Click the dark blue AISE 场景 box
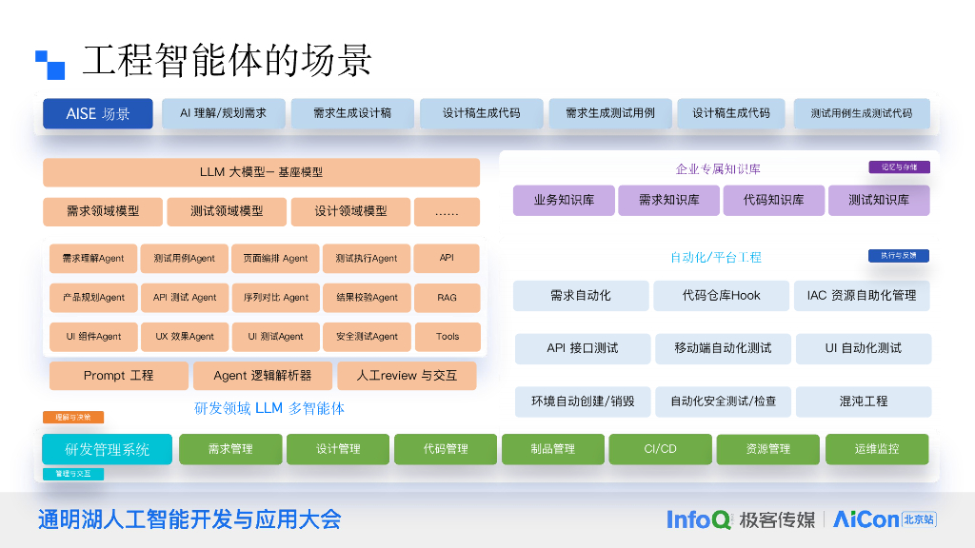pos(97,113)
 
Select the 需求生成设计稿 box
pos(352,113)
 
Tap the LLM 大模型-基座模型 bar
pos(261,172)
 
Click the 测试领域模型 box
pos(226,211)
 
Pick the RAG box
pos(447,298)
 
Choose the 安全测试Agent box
pos(367,337)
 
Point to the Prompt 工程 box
pos(118,376)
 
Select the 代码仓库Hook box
pos(721,296)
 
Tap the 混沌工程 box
pos(863,401)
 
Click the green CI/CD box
pos(660,449)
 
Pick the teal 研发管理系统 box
pos(107,449)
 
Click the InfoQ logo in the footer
pos(698,519)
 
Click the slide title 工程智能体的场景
pos(227,60)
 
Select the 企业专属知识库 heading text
pos(718,169)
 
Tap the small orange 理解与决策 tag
pos(72,418)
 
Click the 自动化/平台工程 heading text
pos(715,257)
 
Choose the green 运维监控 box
pos(876,449)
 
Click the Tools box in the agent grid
pos(447,337)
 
